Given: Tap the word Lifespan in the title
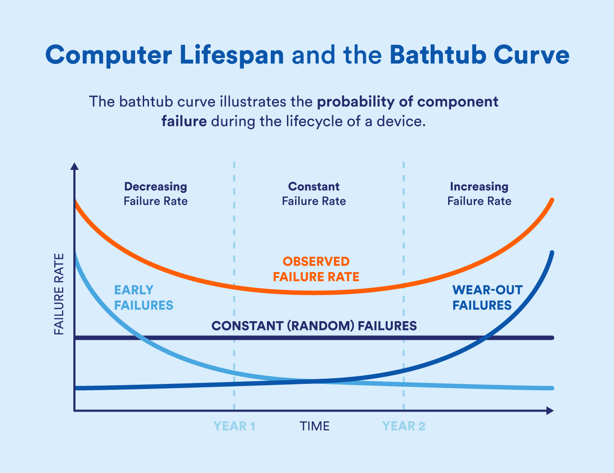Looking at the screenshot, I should pyautogui.click(x=232, y=55).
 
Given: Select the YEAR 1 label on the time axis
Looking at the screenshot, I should pyautogui.click(x=234, y=426).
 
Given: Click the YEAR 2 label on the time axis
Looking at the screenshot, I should pyautogui.click(x=403, y=426).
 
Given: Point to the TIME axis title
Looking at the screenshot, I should pyautogui.click(x=314, y=426).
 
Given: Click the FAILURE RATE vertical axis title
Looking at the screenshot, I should pyautogui.click(x=59, y=294).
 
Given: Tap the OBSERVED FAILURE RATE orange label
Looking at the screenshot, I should pyautogui.click(x=316, y=269).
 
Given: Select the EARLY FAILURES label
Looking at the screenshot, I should pyautogui.click(x=144, y=298).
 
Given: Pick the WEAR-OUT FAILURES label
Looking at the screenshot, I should pyautogui.click(x=487, y=298).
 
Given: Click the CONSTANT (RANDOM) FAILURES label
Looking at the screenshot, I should pyautogui.click(x=314, y=326).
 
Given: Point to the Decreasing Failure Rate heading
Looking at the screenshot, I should pyautogui.click(x=156, y=194).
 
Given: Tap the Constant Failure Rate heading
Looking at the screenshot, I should pyautogui.click(x=314, y=194).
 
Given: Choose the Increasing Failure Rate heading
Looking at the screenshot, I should pyautogui.click(x=479, y=194).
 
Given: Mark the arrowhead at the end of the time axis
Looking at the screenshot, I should pyautogui.click(x=550, y=411).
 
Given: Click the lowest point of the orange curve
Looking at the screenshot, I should pyautogui.click(x=315, y=293).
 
